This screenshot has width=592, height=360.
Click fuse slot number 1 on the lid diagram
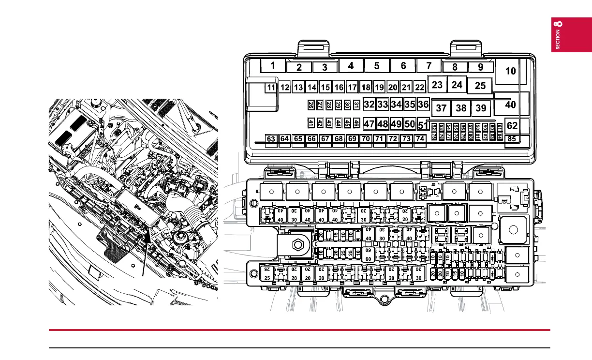pyautogui.click(x=273, y=65)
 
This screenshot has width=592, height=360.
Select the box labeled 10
pyautogui.click(x=510, y=71)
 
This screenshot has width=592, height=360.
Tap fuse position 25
pyautogui.click(x=480, y=86)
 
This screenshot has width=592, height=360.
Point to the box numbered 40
pyautogui.click(x=510, y=104)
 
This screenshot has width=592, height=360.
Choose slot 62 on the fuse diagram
pyautogui.click(x=512, y=126)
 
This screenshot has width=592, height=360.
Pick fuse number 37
pyautogui.click(x=441, y=108)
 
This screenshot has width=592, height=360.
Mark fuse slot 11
pyautogui.click(x=271, y=88)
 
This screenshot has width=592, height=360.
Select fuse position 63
pyautogui.click(x=271, y=139)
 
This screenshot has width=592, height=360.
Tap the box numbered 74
pyautogui.click(x=420, y=139)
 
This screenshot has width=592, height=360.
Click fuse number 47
pyautogui.click(x=369, y=124)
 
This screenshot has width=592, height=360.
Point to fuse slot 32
pyautogui.click(x=369, y=104)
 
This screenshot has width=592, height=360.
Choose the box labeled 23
pyautogui.click(x=437, y=85)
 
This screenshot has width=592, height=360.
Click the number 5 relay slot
pyautogui.click(x=377, y=65)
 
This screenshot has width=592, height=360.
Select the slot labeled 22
pyautogui.click(x=420, y=88)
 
